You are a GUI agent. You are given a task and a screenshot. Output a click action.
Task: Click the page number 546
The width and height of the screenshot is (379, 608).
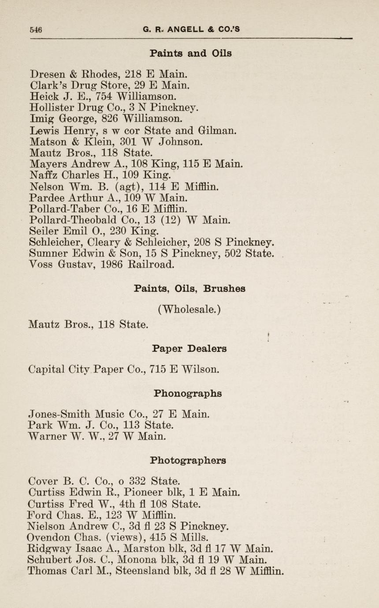click(x=36, y=30)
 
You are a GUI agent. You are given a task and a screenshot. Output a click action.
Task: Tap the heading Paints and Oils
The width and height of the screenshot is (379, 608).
click(x=190, y=53)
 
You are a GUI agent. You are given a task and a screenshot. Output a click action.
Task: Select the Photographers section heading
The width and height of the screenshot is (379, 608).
click(x=188, y=460)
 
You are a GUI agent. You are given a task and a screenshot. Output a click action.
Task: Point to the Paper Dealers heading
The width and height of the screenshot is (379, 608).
click(x=189, y=348)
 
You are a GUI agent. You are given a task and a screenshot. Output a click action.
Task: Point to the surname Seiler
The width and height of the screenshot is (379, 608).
click(x=42, y=231)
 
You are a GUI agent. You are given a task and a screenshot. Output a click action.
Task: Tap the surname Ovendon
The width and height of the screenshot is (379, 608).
click(x=48, y=537)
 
